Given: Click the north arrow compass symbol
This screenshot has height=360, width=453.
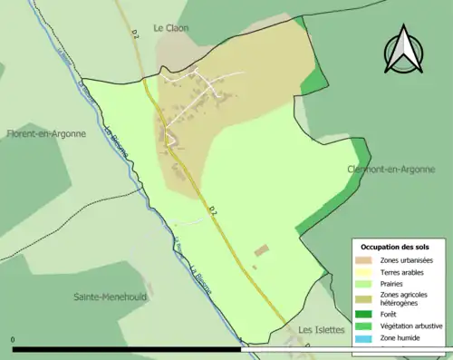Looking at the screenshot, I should [x=404, y=51].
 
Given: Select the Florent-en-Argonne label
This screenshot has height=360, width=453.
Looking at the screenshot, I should [x=46, y=133].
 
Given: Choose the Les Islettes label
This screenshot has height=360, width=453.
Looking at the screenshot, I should [x=322, y=329].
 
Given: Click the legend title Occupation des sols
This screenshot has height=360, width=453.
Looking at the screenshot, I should [x=395, y=247].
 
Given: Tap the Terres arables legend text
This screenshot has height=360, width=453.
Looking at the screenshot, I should [x=402, y=271].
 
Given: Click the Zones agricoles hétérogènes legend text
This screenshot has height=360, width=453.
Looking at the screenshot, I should [x=405, y=298].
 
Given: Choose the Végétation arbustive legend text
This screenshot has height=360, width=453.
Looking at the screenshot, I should [x=411, y=326].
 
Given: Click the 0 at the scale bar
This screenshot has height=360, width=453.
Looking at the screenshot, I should [x=14, y=341].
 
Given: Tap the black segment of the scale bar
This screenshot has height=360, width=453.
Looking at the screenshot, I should [x=127, y=349].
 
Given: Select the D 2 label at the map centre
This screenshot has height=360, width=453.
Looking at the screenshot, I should [x=213, y=212].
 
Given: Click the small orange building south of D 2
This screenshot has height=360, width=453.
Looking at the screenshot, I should [x=262, y=249].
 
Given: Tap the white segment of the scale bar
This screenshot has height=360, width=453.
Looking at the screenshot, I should [x=344, y=349].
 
